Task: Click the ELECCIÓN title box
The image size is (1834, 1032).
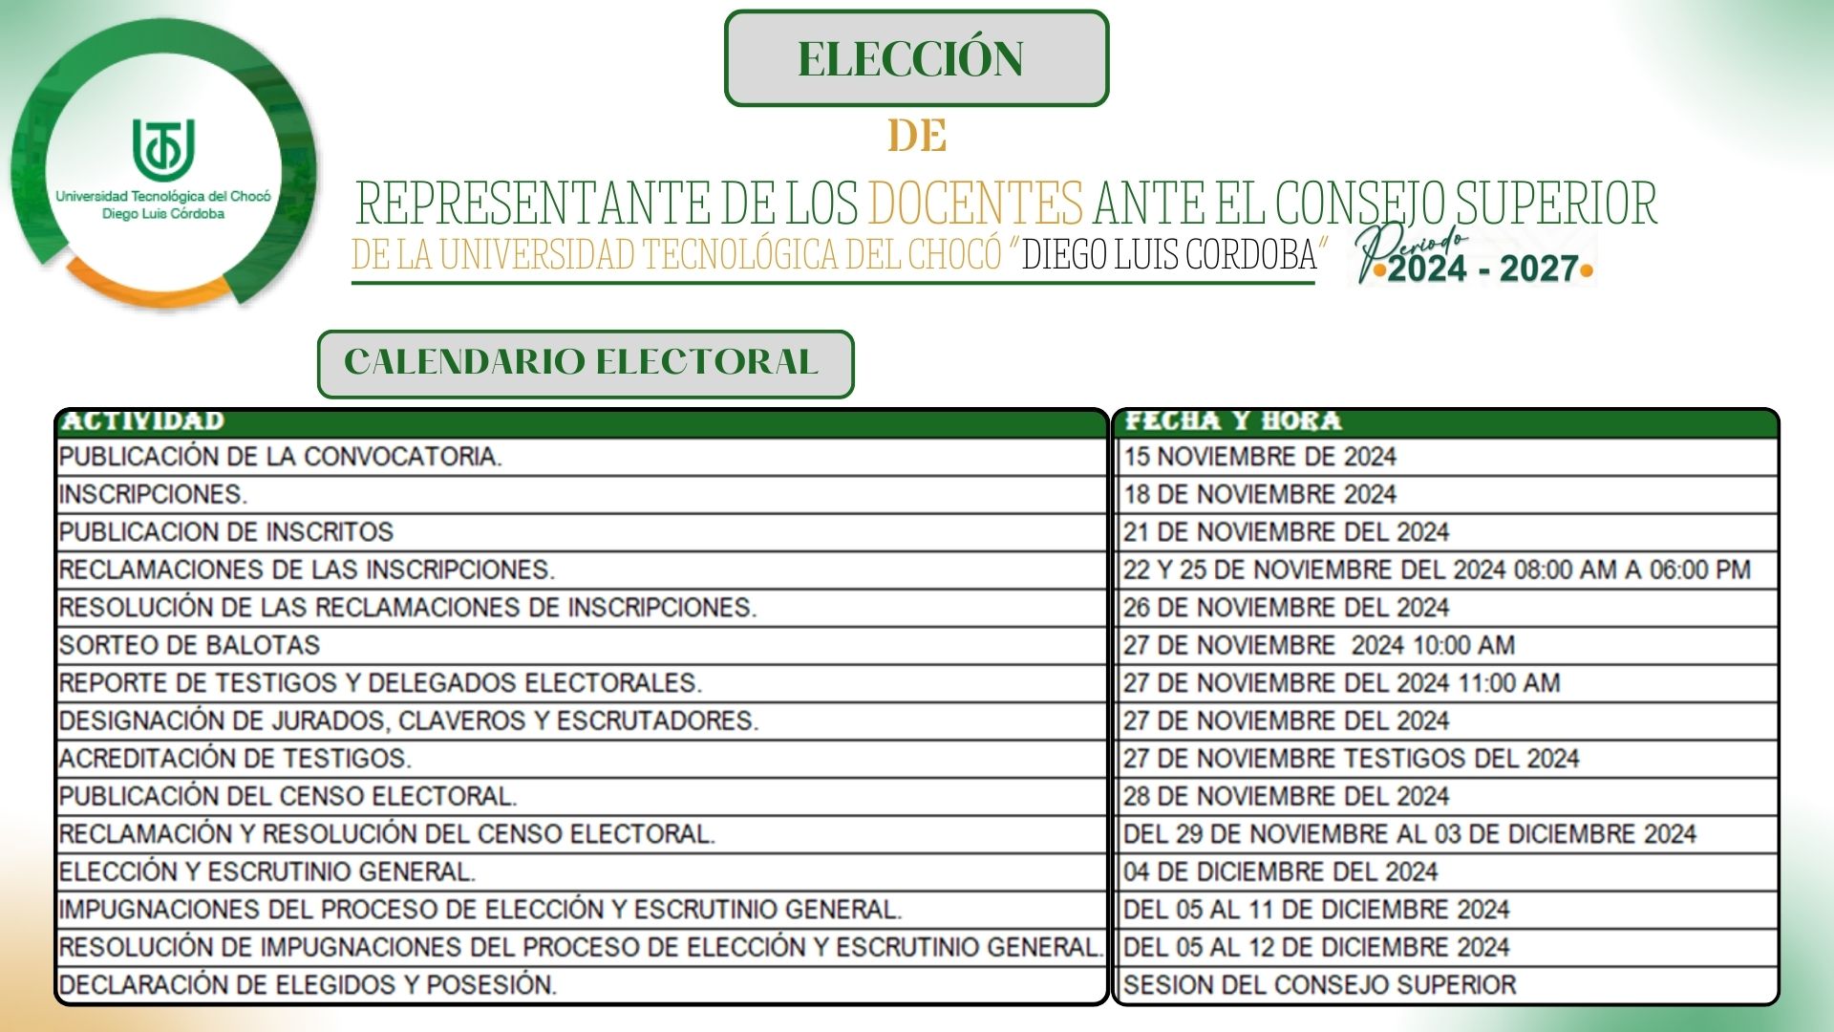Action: [916, 58]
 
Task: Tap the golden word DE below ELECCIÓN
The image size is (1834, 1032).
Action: [917, 136]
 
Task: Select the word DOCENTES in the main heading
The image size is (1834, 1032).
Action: [975, 203]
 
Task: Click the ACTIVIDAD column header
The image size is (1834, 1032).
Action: [143, 421]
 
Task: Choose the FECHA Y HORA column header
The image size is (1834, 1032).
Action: [1232, 421]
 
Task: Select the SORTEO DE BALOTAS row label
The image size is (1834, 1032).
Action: [189, 645]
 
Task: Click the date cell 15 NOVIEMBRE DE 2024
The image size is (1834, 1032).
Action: [1259, 457]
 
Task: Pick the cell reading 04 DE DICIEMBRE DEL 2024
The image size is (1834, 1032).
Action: [1280, 871]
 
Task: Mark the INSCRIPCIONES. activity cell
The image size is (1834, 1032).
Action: [153, 494]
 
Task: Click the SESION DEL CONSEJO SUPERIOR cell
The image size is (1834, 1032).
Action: [1319, 985]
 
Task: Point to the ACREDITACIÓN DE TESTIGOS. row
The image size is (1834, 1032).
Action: [235, 759]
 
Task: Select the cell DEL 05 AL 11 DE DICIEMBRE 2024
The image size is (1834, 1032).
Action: [1315, 910]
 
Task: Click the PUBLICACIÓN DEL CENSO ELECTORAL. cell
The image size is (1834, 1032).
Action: [288, 796]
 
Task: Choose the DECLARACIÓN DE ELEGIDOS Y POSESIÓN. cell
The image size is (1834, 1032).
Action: [308, 985]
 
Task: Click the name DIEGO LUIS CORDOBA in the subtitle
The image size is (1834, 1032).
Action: [1169, 255]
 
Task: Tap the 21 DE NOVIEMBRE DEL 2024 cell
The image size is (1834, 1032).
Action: [1286, 532]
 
